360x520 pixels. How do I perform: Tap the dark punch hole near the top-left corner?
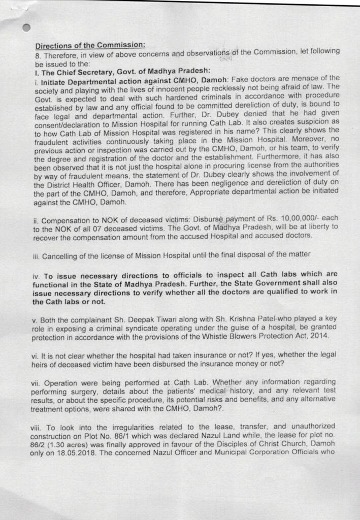[27, 28]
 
